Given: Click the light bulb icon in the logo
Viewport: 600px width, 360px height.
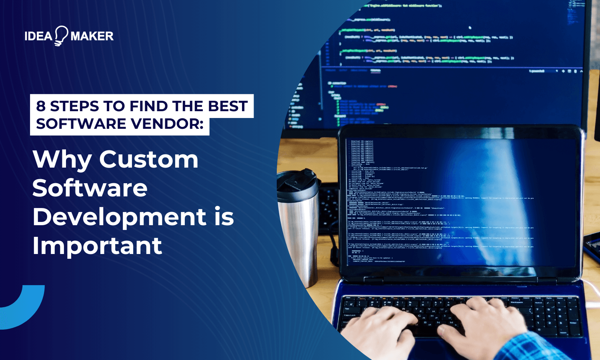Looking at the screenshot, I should coord(61,36).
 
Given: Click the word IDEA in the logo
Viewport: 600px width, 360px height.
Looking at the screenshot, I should coord(38,36).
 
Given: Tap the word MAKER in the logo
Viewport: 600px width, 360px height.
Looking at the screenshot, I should coord(92,36).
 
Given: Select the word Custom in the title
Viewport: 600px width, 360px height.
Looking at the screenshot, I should coord(149,159).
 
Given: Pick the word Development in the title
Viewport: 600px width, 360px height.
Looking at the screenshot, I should coord(119,217).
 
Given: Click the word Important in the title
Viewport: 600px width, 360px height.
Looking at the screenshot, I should coord(97,246).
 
